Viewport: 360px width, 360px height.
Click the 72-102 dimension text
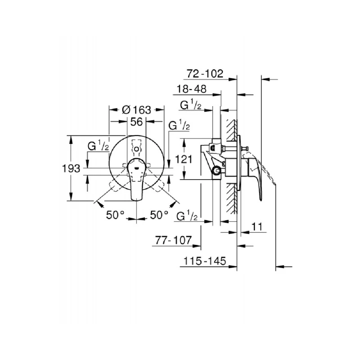[x=204, y=74]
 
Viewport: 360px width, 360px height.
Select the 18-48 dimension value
[x=192, y=89]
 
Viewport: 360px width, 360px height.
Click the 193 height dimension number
[x=71, y=168]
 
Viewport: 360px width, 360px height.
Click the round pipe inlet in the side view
[x=217, y=170]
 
